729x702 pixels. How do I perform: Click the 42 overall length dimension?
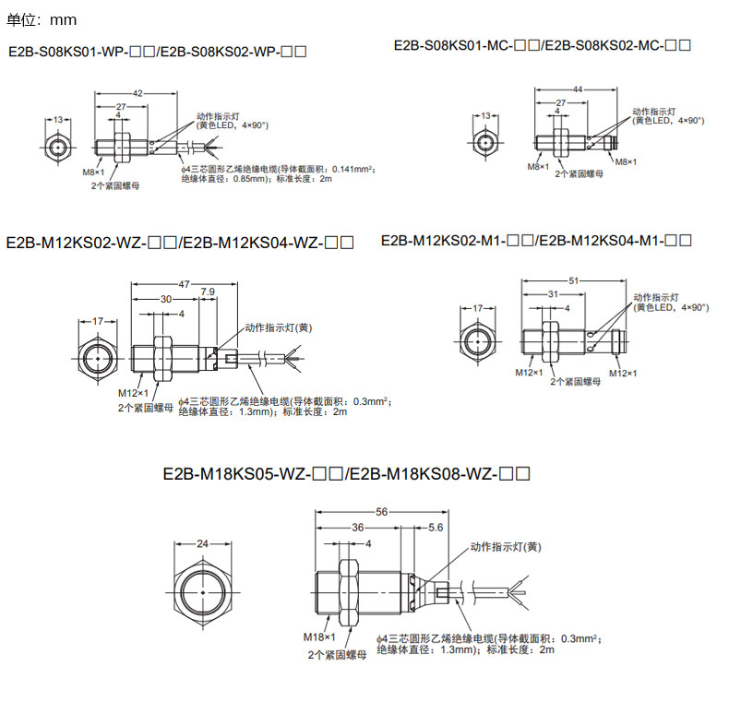(138, 94)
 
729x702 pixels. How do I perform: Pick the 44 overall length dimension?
(578, 89)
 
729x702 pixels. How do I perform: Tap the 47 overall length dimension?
(185, 285)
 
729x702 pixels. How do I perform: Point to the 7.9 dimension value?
(208, 292)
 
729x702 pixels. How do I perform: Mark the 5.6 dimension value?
(436, 527)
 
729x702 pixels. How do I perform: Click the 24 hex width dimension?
(203, 543)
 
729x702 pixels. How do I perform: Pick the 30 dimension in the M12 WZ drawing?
(166, 299)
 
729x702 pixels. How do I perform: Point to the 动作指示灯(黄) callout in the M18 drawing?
(506, 547)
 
